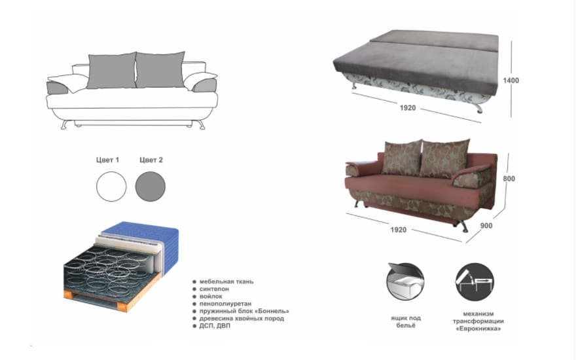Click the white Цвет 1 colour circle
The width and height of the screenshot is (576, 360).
point(111,187)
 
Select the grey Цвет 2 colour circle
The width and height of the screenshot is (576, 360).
point(151,187)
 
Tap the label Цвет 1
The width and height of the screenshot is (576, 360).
point(107,160)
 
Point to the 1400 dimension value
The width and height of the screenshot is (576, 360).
point(511,81)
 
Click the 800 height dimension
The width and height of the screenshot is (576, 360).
point(509,179)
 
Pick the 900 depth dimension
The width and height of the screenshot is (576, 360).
point(486,226)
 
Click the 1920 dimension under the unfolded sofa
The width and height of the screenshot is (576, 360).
point(408,107)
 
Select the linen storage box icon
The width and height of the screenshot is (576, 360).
point(405,281)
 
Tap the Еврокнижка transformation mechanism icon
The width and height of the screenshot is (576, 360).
point(475,281)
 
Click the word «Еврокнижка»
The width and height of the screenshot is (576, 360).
point(478,329)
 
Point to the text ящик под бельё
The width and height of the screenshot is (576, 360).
point(406,321)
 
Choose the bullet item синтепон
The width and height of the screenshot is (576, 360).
point(214,289)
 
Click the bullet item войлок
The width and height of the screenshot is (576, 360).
point(211,297)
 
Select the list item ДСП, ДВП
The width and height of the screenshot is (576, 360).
point(215,326)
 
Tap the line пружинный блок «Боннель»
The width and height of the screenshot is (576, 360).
point(244,311)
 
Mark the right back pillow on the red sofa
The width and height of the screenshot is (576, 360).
point(444,158)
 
